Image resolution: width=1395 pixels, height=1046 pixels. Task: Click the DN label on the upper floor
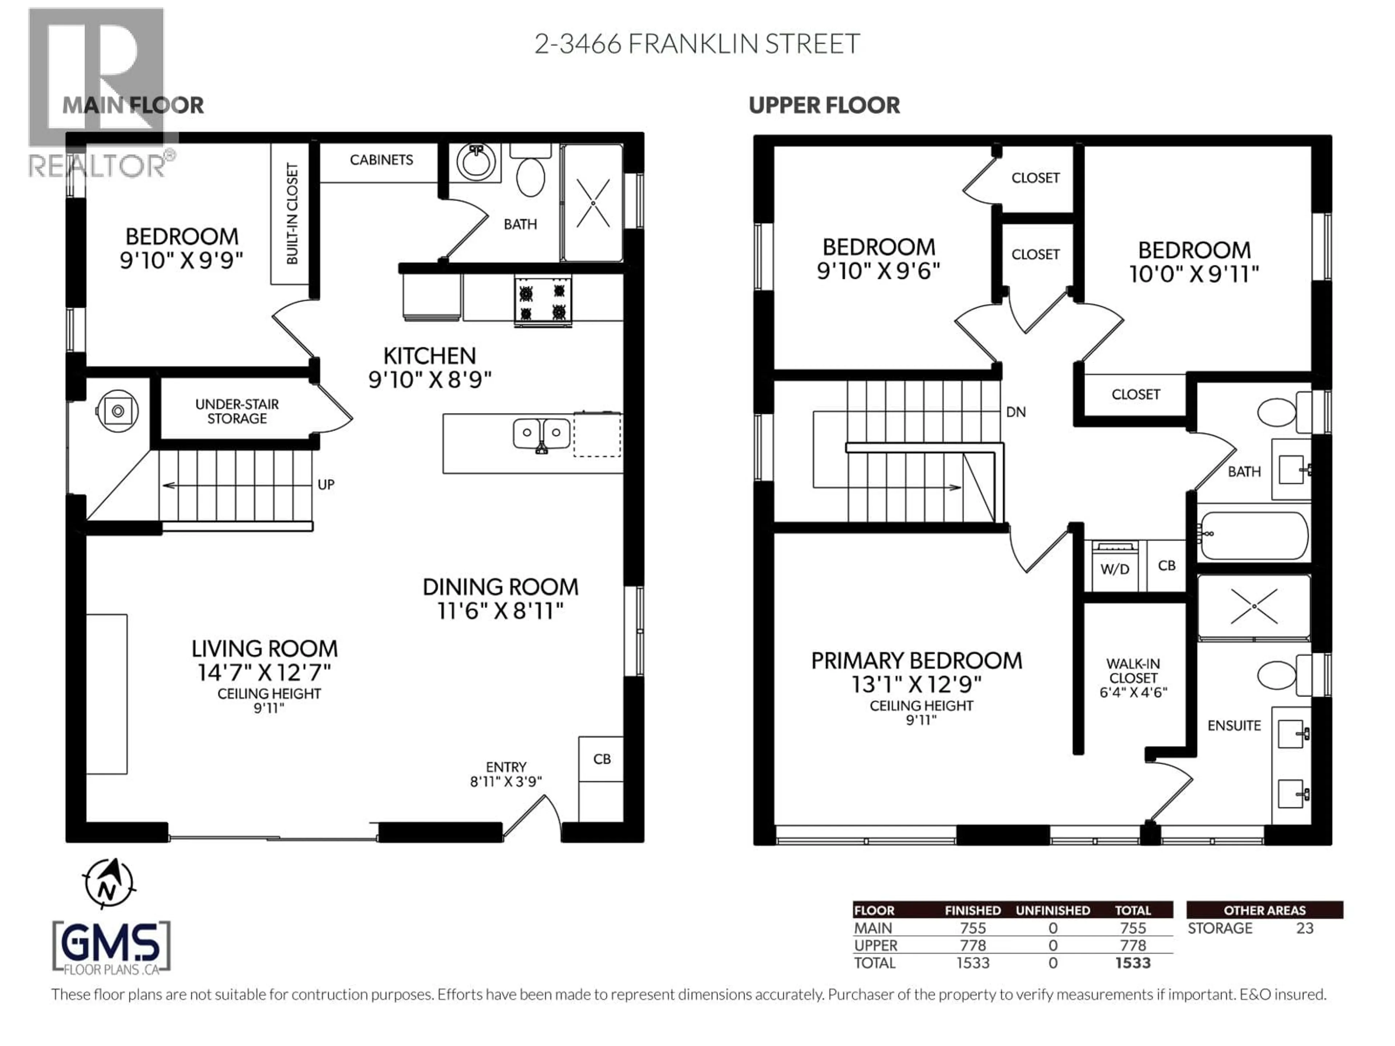pyautogui.click(x=1015, y=412)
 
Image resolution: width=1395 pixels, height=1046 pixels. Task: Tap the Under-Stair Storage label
pyautogui.click(x=237, y=411)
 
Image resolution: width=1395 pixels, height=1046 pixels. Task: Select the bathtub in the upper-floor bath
pyautogui.click(x=1254, y=535)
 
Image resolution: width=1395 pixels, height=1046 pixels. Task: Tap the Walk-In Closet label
pyautogui.click(x=1133, y=678)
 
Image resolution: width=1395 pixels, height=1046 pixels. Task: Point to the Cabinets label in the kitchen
pyautogui.click(x=381, y=160)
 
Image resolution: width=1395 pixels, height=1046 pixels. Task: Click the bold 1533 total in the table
pyautogui.click(x=1133, y=963)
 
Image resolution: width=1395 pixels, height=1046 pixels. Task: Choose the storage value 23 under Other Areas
pyautogui.click(x=1305, y=928)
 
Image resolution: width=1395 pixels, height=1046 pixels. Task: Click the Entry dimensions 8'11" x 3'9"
pyautogui.click(x=506, y=782)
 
